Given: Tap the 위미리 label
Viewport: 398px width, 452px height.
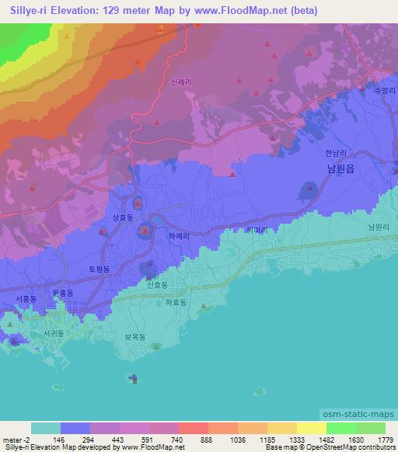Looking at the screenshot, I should click(x=256, y=230).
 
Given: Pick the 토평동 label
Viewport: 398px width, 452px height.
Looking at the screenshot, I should click(x=98, y=269).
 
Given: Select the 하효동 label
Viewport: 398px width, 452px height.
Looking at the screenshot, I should click(x=176, y=303).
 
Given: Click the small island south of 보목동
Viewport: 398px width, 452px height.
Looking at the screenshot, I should click(x=134, y=379).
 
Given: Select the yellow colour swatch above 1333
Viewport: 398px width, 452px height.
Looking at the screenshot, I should click(x=281, y=428).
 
